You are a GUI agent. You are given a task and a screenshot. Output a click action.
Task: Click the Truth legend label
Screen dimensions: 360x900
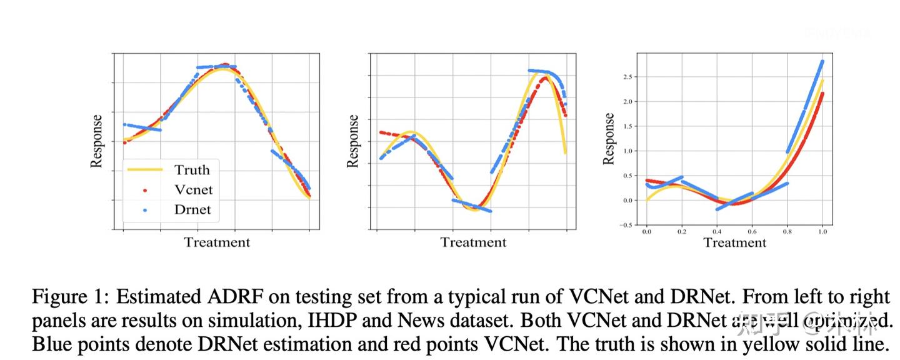(192, 170)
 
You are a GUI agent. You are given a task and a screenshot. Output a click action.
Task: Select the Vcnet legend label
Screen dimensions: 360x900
(193, 190)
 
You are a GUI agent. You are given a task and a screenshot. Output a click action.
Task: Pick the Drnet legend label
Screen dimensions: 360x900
(192, 210)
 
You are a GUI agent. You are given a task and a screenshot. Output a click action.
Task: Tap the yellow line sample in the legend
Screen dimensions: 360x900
(145, 170)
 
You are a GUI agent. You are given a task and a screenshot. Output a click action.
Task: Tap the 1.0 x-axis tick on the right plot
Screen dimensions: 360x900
(823, 232)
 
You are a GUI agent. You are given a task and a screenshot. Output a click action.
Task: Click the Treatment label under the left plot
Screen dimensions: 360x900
(217, 242)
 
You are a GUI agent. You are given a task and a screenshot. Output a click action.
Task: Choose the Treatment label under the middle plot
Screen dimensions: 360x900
(473, 242)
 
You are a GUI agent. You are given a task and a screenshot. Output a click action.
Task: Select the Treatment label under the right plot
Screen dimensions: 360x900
(734, 242)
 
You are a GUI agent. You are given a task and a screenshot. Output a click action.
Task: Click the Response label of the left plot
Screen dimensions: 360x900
(96, 141)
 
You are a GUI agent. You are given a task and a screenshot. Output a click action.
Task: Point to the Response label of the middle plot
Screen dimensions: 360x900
(353, 141)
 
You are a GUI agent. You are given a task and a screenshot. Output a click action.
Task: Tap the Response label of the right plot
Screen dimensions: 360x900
(609, 139)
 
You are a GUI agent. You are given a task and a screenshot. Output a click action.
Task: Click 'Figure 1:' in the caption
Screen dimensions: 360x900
(71, 296)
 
